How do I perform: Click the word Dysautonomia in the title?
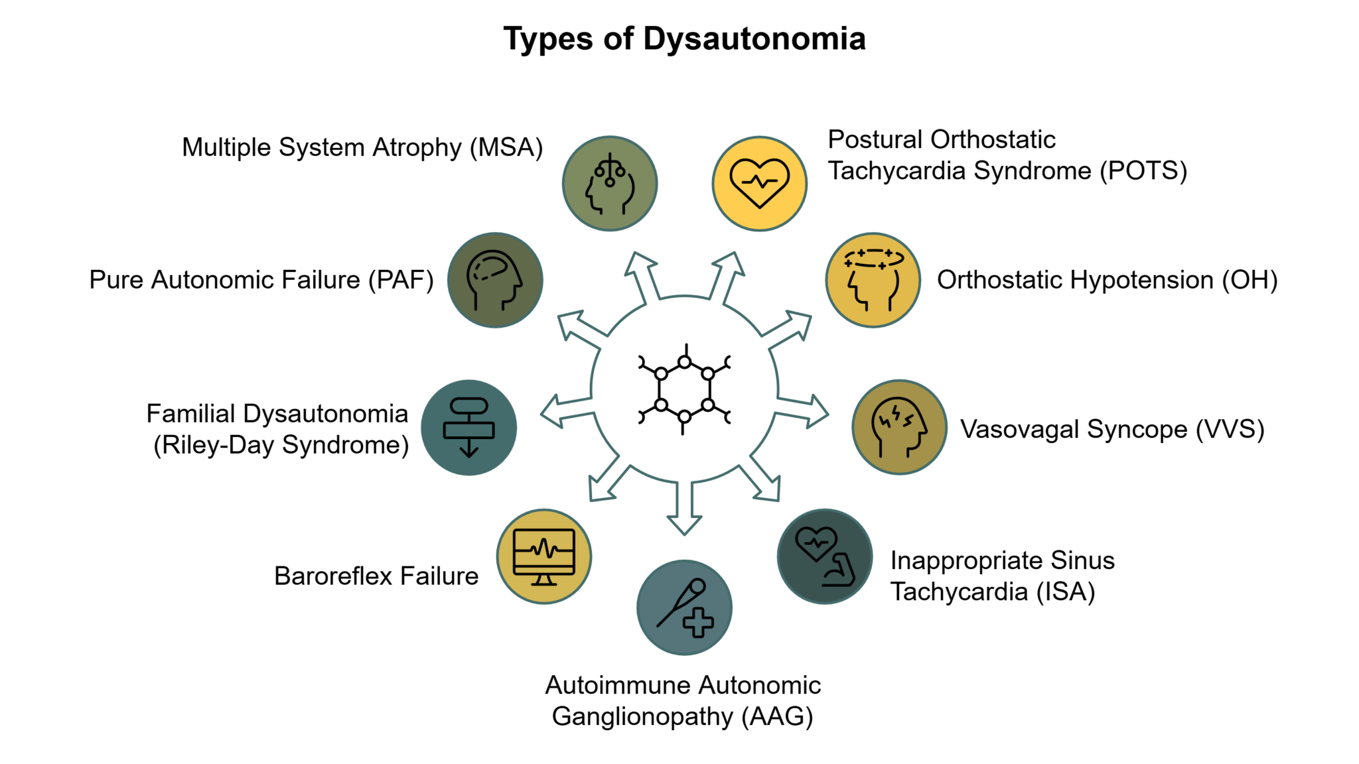[x=754, y=39]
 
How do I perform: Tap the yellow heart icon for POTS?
[x=759, y=184]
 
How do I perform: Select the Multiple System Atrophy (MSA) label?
[x=362, y=147]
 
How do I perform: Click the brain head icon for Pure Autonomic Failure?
[x=495, y=280]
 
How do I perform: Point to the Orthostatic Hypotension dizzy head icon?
[x=873, y=280]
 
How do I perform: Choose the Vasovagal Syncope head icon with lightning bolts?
[x=899, y=427]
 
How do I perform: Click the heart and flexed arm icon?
[x=824, y=556]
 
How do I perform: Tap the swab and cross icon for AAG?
[x=684, y=607]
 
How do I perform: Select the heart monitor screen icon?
[x=544, y=556]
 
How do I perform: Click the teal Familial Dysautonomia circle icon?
[x=469, y=428]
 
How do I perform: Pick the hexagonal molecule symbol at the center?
[x=684, y=389]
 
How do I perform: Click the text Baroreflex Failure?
[x=376, y=576]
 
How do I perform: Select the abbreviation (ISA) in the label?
[x=1065, y=592]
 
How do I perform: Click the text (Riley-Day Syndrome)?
[x=281, y=445]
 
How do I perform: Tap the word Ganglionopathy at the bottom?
[x=642, y=717]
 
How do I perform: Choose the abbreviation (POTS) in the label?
[x=1143, y=171]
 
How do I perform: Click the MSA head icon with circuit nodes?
[x=610, y=184]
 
